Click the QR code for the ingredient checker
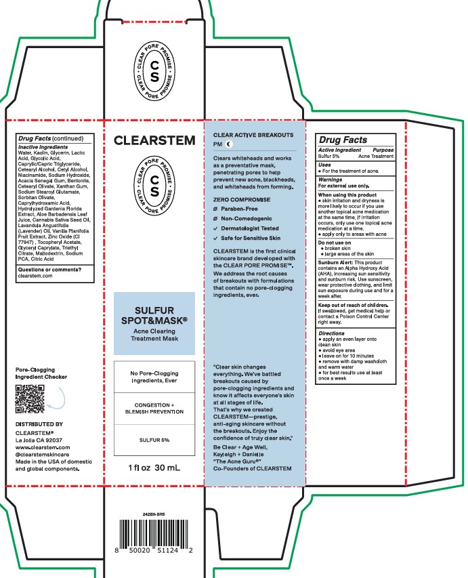click(x=30, y=399)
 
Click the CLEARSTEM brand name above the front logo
click(x=154, y=142)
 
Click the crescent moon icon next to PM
click(x=229, y=145)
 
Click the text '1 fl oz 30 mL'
click(x=154, y=468)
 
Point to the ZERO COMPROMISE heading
click(x=242, y=200)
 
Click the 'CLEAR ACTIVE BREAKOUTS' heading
click(x=253, y=136)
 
